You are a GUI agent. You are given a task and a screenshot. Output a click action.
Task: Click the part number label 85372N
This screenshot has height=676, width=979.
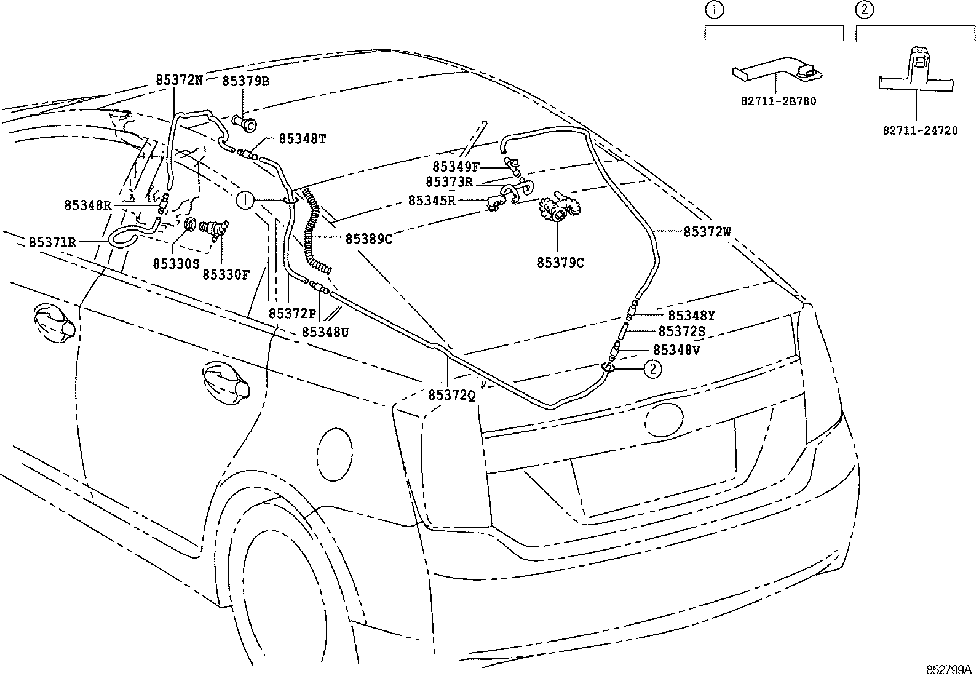179,80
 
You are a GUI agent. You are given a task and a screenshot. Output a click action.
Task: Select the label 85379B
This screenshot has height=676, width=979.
245,81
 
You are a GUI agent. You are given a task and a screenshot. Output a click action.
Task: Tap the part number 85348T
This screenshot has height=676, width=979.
302,139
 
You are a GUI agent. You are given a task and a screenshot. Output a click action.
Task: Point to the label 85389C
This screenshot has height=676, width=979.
368,239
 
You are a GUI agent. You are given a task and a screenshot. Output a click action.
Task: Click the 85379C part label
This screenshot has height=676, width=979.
560,263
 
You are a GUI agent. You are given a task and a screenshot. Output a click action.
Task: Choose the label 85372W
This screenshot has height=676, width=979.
707,232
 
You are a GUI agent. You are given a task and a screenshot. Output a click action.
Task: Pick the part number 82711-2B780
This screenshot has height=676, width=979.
778,101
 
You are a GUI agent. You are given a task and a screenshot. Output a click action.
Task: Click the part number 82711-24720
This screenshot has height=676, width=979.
920,131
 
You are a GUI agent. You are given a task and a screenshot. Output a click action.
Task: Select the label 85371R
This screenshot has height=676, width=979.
52,242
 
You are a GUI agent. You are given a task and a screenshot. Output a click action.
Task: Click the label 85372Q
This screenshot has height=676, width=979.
452,396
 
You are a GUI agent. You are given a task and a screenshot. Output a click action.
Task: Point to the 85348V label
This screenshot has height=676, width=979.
676,350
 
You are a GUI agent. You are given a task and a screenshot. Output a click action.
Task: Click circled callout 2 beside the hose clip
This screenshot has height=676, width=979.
653,368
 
